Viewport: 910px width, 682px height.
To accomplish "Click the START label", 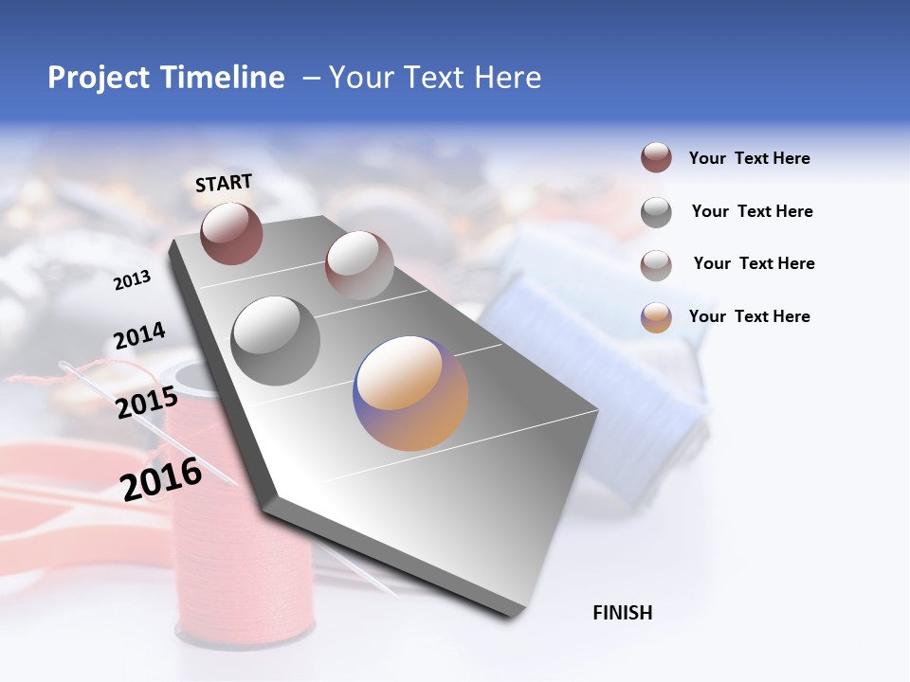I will tap(224, 183).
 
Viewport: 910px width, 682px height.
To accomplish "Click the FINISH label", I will tap(622, 613).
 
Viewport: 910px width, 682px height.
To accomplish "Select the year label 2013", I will tap(132, 279).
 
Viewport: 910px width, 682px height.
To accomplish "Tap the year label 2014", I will tap(139, 335).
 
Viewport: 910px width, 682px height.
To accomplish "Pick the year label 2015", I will tap(146, 403).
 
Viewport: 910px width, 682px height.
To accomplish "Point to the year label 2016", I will tap(161, 478).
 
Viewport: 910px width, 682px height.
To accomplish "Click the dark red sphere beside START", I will tap(231, 233).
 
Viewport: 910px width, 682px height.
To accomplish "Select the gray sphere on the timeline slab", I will tap(275, 341).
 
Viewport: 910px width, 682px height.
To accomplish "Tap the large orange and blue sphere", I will tap(410, 393).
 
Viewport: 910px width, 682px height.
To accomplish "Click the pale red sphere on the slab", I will tap(358, 265).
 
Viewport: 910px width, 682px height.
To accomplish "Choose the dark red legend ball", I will tap(656, 158).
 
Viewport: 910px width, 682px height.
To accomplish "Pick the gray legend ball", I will tap(656, 212).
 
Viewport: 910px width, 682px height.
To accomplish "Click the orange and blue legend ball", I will tap(656, 317).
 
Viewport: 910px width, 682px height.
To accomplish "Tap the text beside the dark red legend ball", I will tap(749, 158).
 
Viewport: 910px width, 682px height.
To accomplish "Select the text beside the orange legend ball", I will tap(749, 316).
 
